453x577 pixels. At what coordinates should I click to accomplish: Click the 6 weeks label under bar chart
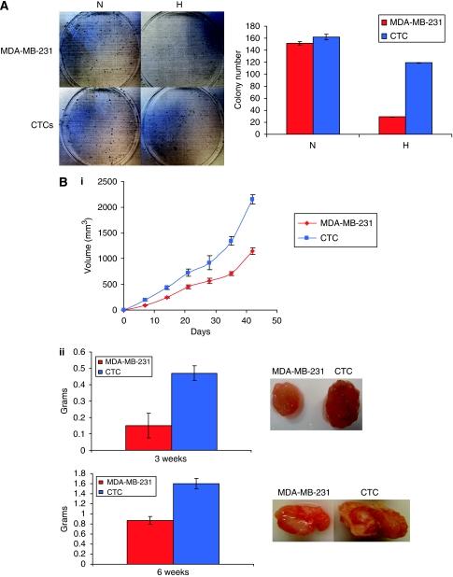pyautogui.click(x=171, y=571)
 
